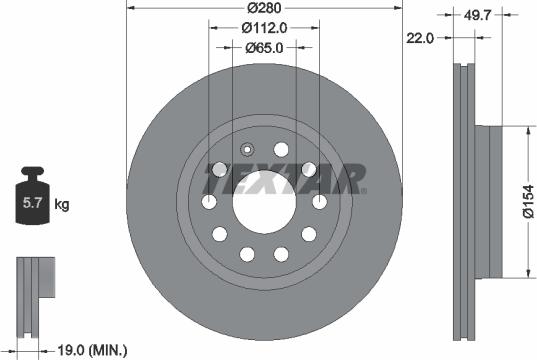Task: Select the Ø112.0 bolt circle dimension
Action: (x=265, y=29)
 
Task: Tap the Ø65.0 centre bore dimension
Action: (x=265, y=47)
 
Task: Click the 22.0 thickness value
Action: (x=421, y=39)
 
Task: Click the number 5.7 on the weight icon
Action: (x=31, y=206)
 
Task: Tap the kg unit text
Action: (x=62, y=206)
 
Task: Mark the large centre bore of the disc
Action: (x=265, y=204)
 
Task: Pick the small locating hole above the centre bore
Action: (x=247, y=152)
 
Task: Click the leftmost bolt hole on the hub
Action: (x=209, y=204)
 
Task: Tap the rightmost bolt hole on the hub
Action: (x=321, y=204)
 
